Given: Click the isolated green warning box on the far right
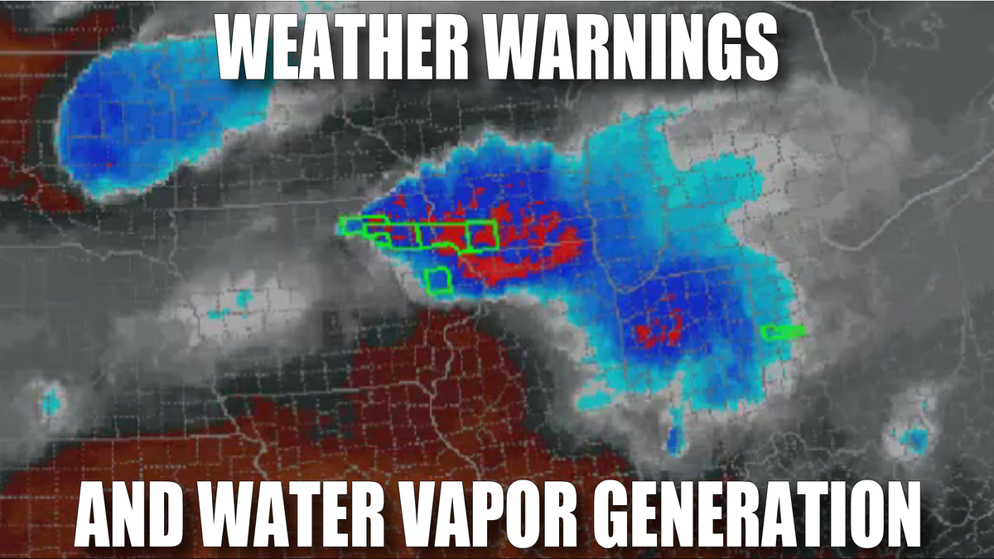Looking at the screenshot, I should pos(782,332).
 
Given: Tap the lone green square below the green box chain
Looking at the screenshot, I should pos(437,281).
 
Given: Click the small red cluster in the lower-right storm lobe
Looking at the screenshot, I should pos(659,330).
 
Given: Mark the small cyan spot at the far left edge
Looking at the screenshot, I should pos(51,401).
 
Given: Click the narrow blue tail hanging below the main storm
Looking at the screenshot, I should pos(676,436).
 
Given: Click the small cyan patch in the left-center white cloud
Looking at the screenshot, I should pos(243,299).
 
